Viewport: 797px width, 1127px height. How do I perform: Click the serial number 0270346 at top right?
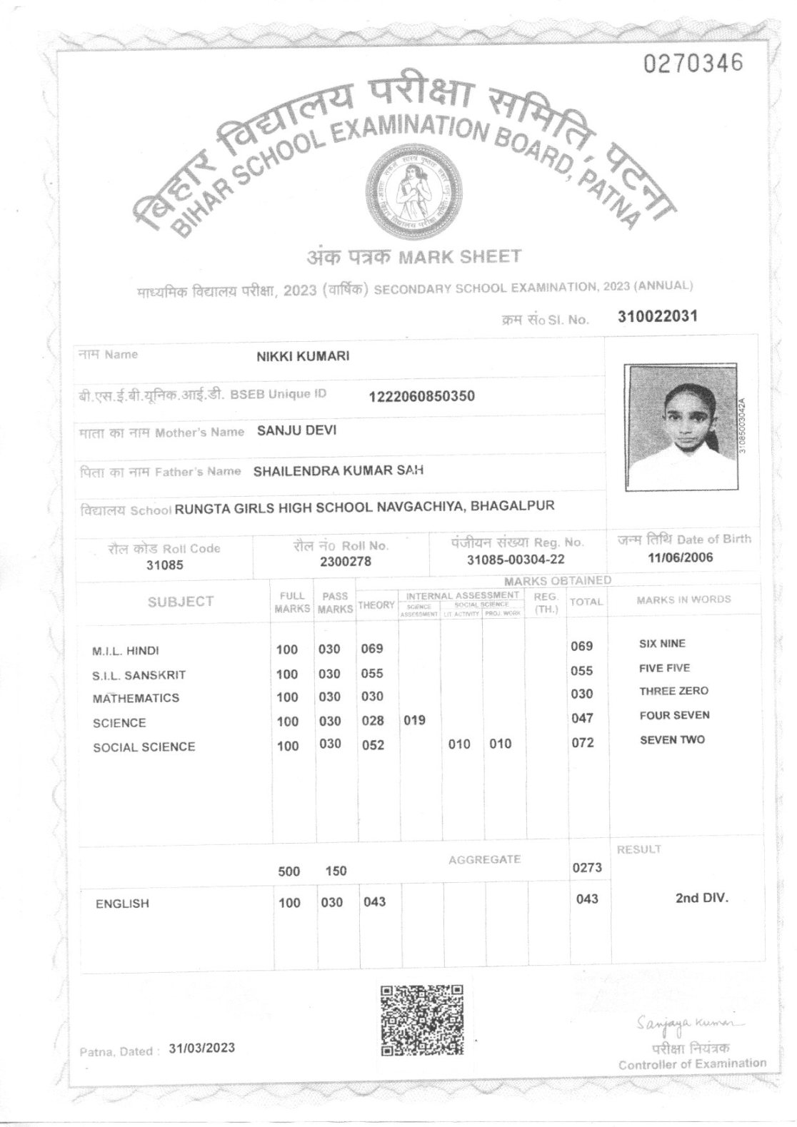pyautogui.click(x=693, y=64)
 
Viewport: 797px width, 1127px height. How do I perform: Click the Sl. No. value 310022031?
pyautogui.click(x=656, y=317)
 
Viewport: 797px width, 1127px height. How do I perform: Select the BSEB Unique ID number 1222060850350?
pyautogui.click(x=421, y=396)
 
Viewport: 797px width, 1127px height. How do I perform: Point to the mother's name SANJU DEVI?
pyautogui.click(x=296, y=430)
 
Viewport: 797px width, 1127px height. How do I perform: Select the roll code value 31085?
pyautogui.click(x=164, y=565)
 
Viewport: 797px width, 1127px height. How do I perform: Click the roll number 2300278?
pyautogui.click(x=346, y=562)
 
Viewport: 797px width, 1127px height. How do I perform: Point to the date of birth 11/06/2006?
pyautogui.click(x=680, y=557)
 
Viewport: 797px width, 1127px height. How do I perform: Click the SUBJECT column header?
pyautogui.click(x=181, y=602)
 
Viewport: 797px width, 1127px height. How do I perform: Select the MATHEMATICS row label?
pyautogui.click(x=136, y=698)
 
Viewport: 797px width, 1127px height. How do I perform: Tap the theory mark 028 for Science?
pyautogui.click(x=373, y=721)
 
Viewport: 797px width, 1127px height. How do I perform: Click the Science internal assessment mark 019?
pyautogui.click(x=414, y=721)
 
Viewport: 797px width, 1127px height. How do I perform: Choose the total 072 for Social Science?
pyautogui.click(x=583, y=743)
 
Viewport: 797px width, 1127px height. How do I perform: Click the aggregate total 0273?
pyautogui.click(x=587, y=868)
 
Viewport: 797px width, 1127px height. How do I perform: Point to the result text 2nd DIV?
pyautogui.click(x=701, y=898)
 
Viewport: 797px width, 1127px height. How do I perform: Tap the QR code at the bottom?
pyautogui.click(x=421, y=1019)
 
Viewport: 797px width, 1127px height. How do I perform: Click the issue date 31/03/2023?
pyautogui.click(x=202, y=1048)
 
